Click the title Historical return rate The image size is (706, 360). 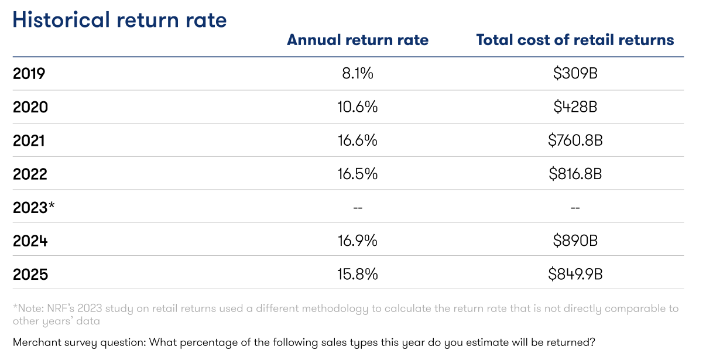pyautogui.click(x=119, y=20)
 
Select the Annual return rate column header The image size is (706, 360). pyautogui.click(x=358, y=40)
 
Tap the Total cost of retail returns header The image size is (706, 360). pyautogui.click(x=575, y=40)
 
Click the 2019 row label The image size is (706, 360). pyautogui.click(x=29, y=74)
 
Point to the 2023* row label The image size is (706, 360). pyautogui.click(x=34, y=208)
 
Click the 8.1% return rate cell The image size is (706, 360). pyautogui.click(x=358, y=74)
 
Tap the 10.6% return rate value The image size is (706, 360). pyautogui.click(x=358, y=108)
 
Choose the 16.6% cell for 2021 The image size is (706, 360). pyautogui.click(x=358, y=141)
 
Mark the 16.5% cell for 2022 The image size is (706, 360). pyautogui.click(x=358, y=174)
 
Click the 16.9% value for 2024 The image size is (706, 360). pyautogui.click(x=358, y=241)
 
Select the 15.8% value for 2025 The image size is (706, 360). pyautogui.click(x=358, y=274)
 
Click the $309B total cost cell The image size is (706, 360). pyautogui.click(x=575, y=74)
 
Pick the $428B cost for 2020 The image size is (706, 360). pyautogui.click(x=575, y=108)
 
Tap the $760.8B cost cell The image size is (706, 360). pyautogui.click(x=575, y=141)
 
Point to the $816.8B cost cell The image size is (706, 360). pyautogui.click(x=575, y=174)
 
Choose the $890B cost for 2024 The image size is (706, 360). pyautogui.click(x=575, y=241)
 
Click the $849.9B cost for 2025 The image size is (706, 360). pyautogui.click(x=575, y=274)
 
